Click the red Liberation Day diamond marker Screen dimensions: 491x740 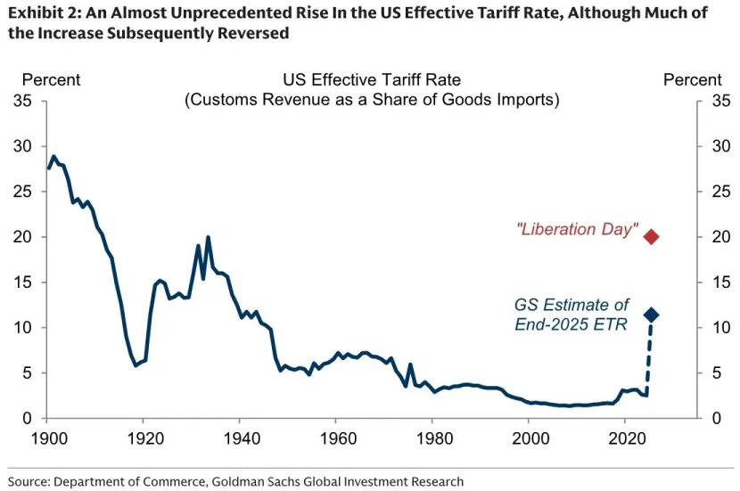coord(651,236)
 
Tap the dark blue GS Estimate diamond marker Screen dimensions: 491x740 coord(651,315)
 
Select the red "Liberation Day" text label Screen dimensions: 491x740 coord(577,230)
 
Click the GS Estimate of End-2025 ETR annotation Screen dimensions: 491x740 coord(571,315)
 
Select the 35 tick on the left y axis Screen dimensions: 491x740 coord(23,101)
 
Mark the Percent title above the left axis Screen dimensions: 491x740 coord(51,80)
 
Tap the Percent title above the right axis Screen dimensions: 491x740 coord(693,80)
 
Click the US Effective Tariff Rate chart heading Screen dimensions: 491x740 coord(372,80)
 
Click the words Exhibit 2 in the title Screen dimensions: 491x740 coord(41,12)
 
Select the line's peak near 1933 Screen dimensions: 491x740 coord(208,237)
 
